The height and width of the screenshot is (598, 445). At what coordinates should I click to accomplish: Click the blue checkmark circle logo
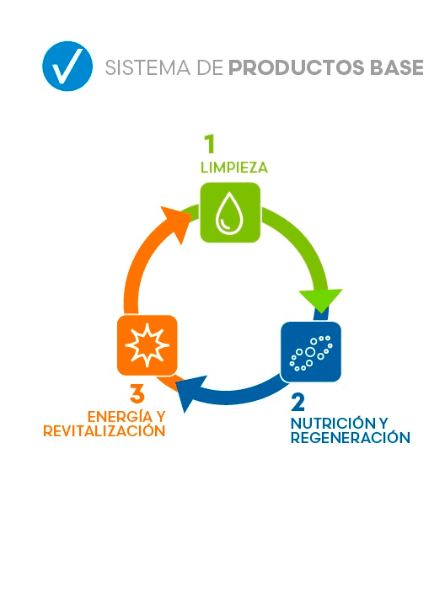click(x=67, y=66)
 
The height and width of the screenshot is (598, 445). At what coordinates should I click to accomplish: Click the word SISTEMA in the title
click(x=147, y=68)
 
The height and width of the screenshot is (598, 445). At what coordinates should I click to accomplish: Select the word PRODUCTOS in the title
click(x=297, y=67)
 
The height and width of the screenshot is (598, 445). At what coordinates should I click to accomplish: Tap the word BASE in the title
click(x=397, y=67)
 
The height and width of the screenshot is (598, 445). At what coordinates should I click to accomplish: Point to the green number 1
click(x=210, y=144)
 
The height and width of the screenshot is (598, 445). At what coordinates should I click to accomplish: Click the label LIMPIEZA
click(x=234, y=168)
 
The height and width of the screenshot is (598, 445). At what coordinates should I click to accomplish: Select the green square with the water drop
click(x=231, y=212)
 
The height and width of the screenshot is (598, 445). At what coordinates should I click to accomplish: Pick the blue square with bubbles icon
click(x=311, y=352)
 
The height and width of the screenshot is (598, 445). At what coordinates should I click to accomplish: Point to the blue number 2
click(x=298, y=402)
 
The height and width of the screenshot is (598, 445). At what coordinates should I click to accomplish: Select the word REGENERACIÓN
click(x=351, y=437)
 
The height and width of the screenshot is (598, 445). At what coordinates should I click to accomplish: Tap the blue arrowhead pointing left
click(x=190, y=393)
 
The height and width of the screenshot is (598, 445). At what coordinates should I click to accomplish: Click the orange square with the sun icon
click(x=147, y=345)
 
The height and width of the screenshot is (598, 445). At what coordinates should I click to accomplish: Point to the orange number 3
click(x=137, y=394)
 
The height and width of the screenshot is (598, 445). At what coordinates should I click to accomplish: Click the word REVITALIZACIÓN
click(x=105, y=431)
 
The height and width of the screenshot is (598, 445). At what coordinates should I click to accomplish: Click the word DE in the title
click(x=210, y=68)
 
